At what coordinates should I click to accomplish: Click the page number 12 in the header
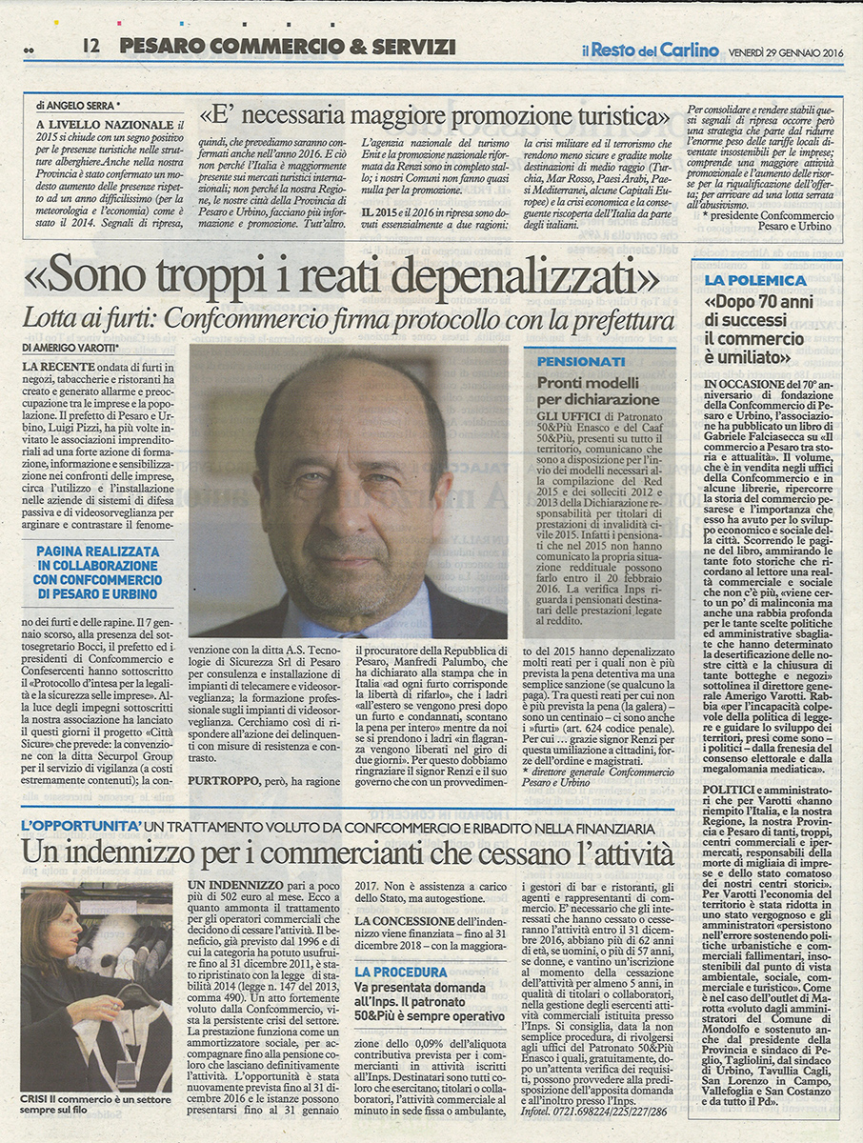point(91,45)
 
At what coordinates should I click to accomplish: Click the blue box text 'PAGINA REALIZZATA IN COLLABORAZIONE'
point(98,558)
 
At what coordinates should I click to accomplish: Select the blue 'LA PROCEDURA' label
point(400,973)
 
